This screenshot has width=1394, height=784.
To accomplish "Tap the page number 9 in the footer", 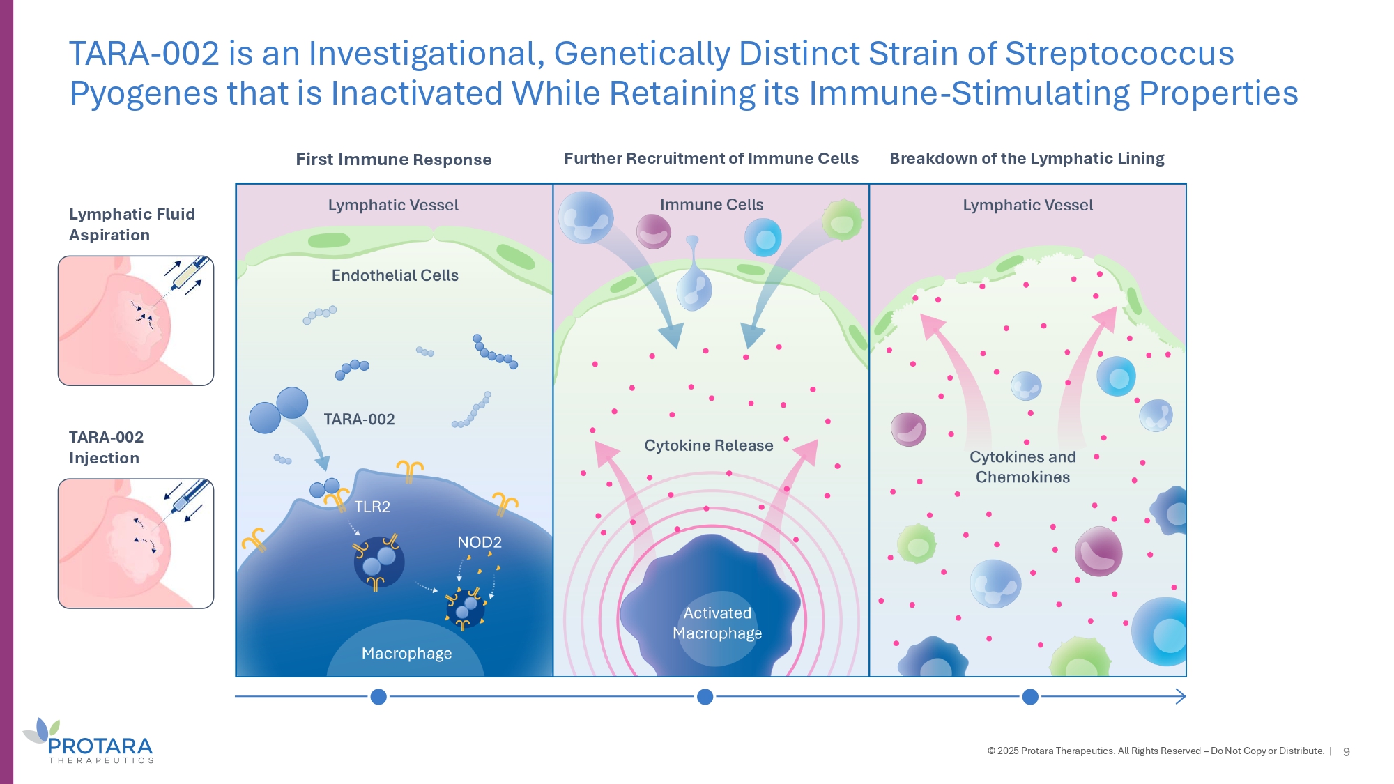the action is pyautogui.click(x=1347, y=752).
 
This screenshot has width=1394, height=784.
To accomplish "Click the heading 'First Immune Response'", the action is pyautogui.click(x=394, y=160).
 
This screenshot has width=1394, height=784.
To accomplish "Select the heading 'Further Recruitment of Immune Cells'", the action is pyautogui.click(x=711, y=159).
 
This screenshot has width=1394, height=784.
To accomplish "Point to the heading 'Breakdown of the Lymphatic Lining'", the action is pyautogui.click(x=1027, y=159).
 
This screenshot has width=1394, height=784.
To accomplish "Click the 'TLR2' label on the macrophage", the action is pyautogui.click(x=372, y=507).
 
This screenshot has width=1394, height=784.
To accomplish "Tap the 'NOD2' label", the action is pyautogui.click(x=480, y=542).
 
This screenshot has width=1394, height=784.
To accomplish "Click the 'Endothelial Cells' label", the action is pyautogui.click(x=395, y=275).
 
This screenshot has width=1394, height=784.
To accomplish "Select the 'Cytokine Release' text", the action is pyautogui.click(x=709, y=445).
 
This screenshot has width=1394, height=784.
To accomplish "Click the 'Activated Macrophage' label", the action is pyautogui.click(x=717, y=623).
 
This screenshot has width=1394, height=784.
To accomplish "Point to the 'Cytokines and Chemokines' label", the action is pyautogui.click(x=1023, y=467).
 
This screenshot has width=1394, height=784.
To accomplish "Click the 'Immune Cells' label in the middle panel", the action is pyautogui.click(x=712, y=205).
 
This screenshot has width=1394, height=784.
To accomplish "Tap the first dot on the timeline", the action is pyautogui.click(x=378, y=696).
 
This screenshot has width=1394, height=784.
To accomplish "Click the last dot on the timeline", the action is pyautogui.click(x=1030, y=696).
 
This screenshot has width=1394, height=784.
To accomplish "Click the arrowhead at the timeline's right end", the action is pyautogui.click(x=1181, y=696).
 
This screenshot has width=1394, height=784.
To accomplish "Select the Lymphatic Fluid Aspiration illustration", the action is pyautogui.click(x=136, y=321).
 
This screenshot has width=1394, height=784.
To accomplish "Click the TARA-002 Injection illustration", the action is pyautogui.click(x=136, y=544).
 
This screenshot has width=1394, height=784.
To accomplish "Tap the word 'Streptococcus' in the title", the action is pyautogui.click(x=1119, y=54).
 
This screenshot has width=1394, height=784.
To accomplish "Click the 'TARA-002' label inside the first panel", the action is pyautogui.click(x=359, y=420).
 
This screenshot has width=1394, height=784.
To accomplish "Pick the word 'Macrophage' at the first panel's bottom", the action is pyautogui.click(x=407, y=654).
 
